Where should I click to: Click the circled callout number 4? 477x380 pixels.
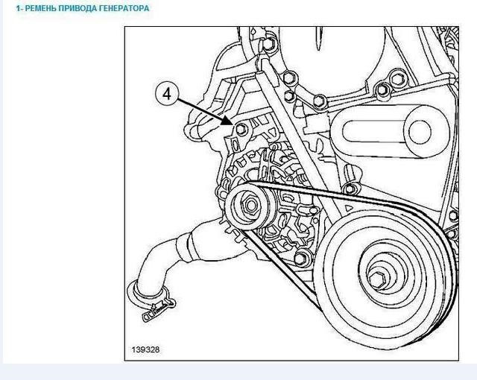click(x=167, y=94)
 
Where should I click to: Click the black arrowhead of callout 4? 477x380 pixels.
click(x=227, y=121)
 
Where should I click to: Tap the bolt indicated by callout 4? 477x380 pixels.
click(x=241, y=130)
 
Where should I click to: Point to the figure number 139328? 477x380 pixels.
click(x=145, y=349)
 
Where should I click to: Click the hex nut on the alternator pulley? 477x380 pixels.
click(x=251, y=205)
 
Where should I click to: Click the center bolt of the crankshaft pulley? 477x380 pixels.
click(x=378, y=278)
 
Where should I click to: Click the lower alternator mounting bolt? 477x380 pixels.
click(x=300, y=258)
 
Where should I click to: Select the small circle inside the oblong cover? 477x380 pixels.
click(x=420, y=132)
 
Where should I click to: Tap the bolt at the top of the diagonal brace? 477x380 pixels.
click(x=268, y=44)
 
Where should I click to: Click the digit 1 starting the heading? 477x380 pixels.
click(x=18, y=8)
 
